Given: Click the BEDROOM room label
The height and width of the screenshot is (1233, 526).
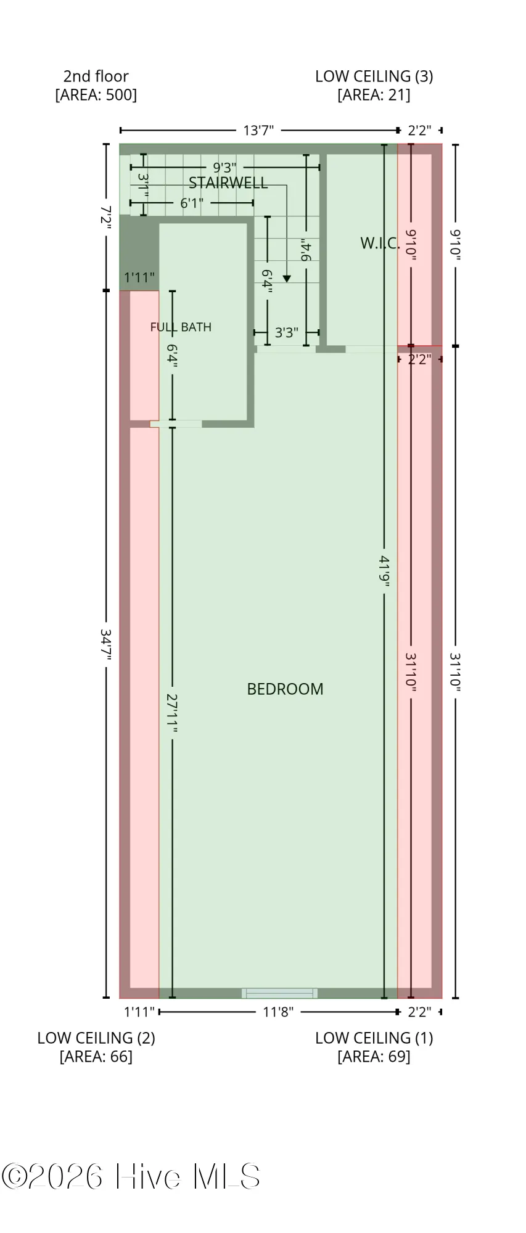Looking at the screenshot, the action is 285,689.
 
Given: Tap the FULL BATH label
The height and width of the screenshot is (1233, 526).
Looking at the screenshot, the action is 181,327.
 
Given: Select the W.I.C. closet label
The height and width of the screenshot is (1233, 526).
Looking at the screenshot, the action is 380,243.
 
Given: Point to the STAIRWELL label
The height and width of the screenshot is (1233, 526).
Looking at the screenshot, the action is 228,182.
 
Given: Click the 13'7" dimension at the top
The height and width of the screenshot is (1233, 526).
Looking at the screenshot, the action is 258,130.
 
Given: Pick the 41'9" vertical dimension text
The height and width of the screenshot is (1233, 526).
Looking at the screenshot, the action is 384,571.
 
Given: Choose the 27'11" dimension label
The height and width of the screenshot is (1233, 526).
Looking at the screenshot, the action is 172,713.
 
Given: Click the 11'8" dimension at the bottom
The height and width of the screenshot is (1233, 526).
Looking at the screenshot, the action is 278,1012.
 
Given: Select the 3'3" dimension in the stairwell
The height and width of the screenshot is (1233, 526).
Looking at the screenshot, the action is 286,333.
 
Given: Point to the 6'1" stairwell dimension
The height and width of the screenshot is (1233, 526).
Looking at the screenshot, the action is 192,203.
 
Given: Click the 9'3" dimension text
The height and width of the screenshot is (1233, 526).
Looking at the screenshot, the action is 224,167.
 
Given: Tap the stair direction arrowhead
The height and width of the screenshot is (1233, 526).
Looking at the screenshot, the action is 286,279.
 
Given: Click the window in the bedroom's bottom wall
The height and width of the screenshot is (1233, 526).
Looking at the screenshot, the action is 280,993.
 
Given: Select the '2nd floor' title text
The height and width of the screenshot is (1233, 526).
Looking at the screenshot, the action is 96,76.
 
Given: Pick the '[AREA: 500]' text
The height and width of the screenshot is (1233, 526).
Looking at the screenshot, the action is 96,95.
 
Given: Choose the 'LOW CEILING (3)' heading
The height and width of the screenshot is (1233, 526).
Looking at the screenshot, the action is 374,76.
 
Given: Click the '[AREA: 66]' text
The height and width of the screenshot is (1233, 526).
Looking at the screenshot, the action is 96,1057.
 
